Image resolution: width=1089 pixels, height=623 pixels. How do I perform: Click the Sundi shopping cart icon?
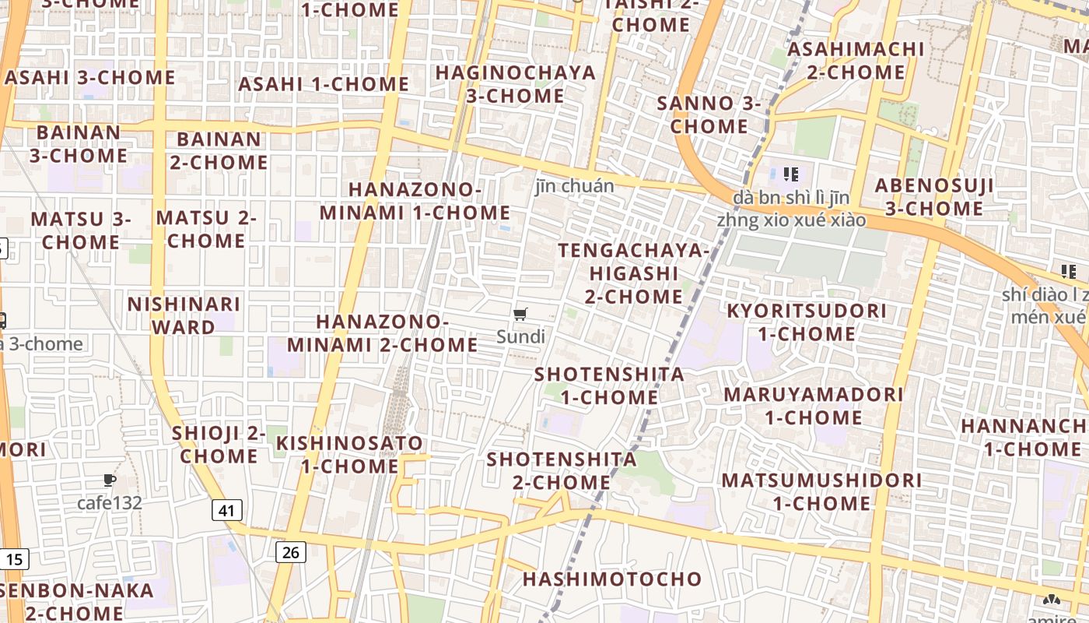click(x=520, y=315)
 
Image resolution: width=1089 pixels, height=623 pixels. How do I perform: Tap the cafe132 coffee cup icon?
click(x=110, y=480)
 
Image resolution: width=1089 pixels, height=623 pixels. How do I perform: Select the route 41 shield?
click(x=226, y=511)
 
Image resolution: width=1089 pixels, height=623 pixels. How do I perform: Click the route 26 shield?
click(x=290, y=552)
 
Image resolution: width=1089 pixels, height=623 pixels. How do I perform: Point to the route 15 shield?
click(x=15, y=558)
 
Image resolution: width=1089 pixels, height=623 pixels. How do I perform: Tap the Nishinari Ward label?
click(x=184, y=315)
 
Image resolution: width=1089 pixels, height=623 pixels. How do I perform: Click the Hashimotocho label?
click(x=611, y=579)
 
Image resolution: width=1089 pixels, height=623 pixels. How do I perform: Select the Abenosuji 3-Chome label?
click(x=933, y=197)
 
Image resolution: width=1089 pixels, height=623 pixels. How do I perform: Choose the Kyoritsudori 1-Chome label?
click(x=806, y=322)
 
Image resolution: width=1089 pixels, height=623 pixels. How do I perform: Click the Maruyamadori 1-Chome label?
click(x=813, y=406)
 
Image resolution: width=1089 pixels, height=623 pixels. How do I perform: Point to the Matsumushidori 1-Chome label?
click(x=821, y=491)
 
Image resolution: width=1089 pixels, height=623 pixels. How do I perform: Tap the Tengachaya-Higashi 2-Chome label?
click(x=634, y=273)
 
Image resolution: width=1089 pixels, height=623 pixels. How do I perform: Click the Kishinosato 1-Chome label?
click(x=350, y=455)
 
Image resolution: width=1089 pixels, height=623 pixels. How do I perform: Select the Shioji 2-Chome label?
click(x=218, y=445)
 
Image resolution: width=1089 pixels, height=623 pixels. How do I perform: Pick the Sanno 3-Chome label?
click(x=709, y=114)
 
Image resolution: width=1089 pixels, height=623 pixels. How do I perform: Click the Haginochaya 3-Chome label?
click(x=515, y=84)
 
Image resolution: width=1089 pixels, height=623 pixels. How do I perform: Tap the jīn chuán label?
click(x=574, y=186)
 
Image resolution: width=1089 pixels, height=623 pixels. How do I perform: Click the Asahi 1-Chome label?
click(x=324, y=84)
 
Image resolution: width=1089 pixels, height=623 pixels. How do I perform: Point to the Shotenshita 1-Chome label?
click(x=609, y=385)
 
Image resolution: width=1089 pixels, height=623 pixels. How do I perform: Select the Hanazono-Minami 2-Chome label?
click(x=382, y=333)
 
